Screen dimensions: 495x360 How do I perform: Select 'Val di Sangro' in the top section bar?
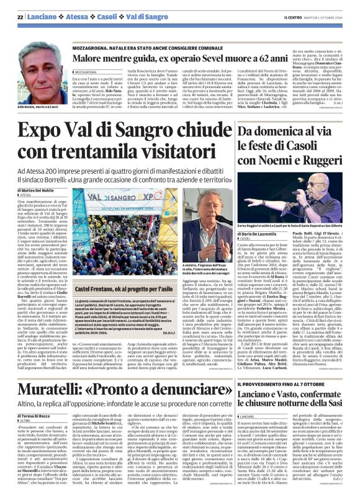(132, 16)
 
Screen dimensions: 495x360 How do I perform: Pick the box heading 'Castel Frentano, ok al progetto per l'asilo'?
(131, 288)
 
